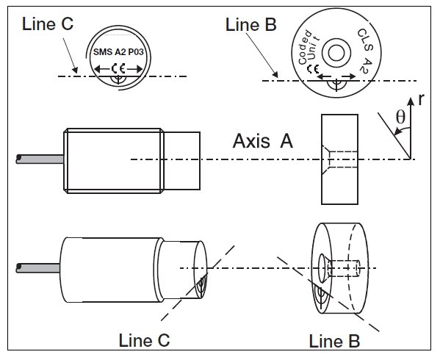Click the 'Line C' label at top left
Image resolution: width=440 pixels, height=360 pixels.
[x=48, y=24]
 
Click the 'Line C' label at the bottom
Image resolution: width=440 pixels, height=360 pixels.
[x=144, y=340]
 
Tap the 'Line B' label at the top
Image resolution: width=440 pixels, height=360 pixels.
[x=251, y=25]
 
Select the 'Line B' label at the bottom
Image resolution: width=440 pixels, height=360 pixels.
[x=334, y=341]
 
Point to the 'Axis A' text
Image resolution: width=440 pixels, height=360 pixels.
[x=263, y=141]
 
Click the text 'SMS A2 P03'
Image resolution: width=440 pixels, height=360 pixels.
[x=118, y=52]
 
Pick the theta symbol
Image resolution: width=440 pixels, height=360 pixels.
[x=400, y=117]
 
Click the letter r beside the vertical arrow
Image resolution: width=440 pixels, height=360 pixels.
[x=421, y=100]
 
